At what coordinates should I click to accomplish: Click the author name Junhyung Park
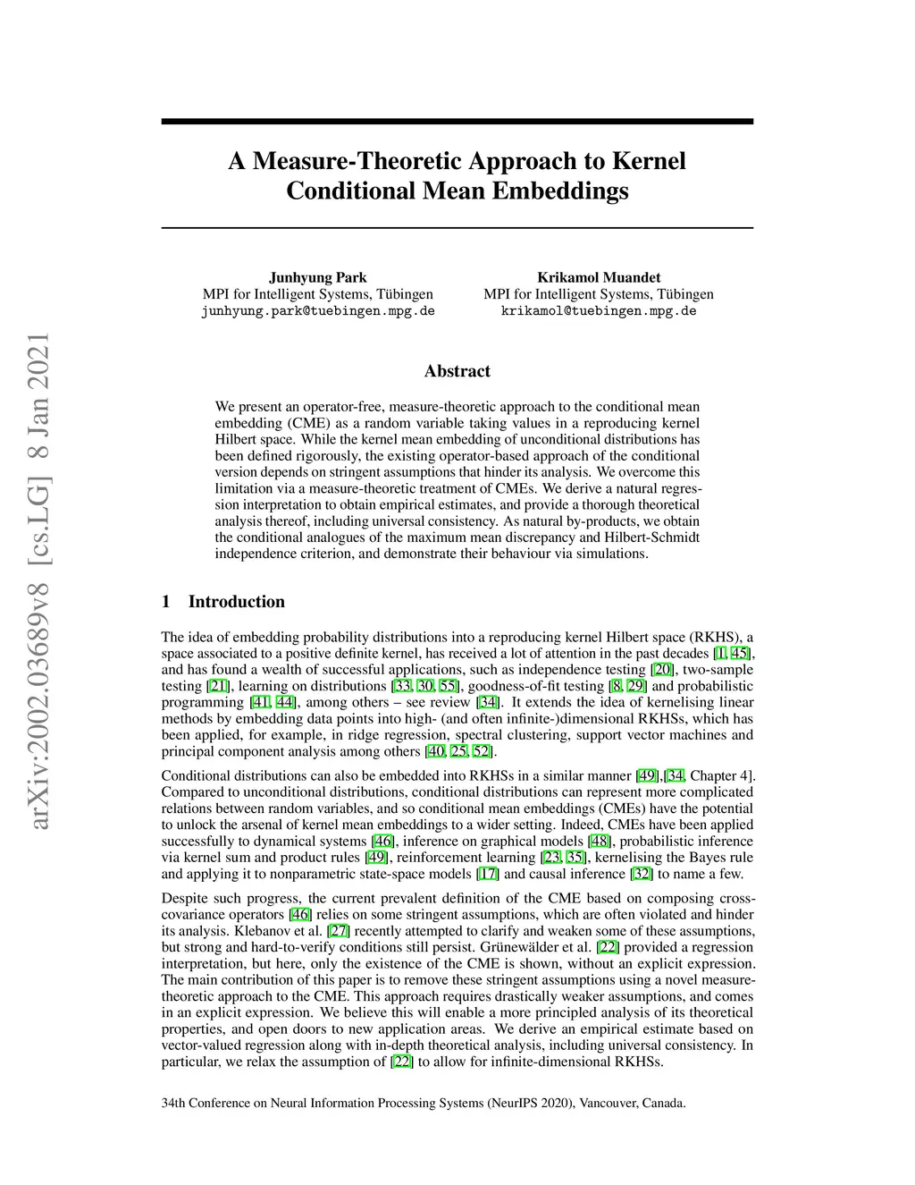pos(318,277)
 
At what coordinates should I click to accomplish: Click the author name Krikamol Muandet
pos(599,277)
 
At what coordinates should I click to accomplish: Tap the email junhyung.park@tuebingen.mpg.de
pos(318,311)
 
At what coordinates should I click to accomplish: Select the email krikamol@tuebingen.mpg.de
pos(599,311)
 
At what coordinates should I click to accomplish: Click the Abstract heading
pos(457,371)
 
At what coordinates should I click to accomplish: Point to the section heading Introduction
pos(236,602)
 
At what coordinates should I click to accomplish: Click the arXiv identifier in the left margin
pos(38,580)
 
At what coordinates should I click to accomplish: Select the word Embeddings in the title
pos(561,190)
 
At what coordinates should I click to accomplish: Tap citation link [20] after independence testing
pos(662,670)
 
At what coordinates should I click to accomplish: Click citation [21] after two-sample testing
pos(218,686)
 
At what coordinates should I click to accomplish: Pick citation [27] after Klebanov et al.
pos(339,931)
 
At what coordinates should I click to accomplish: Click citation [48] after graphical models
pos(600,842)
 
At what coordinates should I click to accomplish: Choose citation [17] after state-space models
pos(488,874)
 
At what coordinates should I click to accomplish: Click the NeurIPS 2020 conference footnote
pos(423,1103)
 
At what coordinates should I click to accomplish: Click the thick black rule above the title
pos(457,122)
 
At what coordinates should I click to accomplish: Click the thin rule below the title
pos(457,228)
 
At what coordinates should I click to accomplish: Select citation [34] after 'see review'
pos(488,703)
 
